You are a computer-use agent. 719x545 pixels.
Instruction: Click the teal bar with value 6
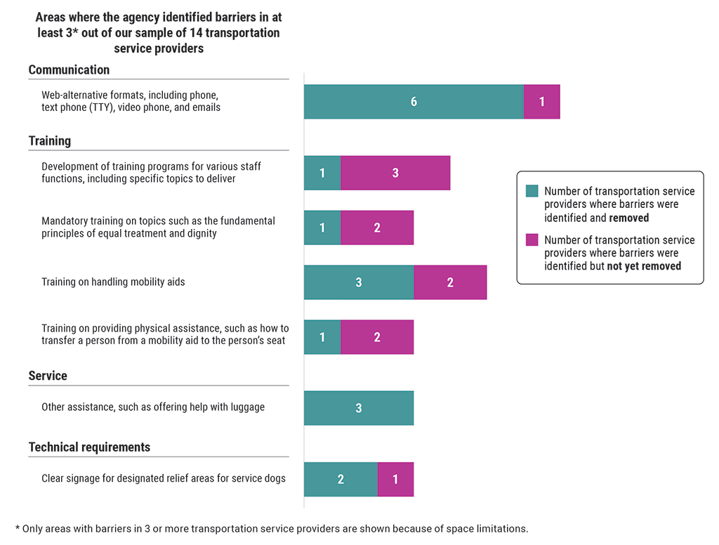coord(414,102)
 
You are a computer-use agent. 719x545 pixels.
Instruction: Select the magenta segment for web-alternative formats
coord(541,102)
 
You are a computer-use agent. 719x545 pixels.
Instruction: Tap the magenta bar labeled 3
coord(395,173)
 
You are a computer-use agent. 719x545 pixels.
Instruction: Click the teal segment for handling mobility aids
coord(359,282)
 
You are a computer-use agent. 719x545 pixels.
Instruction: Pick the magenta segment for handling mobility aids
coord(450,282)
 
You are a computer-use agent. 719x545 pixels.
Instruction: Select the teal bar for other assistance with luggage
coord(359,408)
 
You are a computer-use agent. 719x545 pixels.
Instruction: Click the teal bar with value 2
coord(341,479)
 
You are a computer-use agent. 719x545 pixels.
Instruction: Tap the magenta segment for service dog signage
coord(395,479)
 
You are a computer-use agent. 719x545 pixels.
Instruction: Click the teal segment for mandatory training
coord(322,228)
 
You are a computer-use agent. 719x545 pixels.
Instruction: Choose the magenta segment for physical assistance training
coord(377,337)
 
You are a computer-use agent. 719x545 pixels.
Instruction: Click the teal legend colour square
coord(532,191)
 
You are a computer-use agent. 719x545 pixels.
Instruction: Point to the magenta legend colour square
coord(532,240)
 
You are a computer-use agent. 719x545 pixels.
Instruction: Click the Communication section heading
coord(69,70)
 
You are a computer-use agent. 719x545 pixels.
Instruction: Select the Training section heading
coord(50,140)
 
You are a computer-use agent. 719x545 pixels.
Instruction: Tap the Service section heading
coord(48,376)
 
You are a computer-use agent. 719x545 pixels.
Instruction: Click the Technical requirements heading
coord(89,447)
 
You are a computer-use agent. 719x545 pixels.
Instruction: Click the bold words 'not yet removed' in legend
coord(645,266)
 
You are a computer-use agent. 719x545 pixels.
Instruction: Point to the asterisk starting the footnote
coord(18,527)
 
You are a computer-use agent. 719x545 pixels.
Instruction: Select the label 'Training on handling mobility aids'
coord(113,282)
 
